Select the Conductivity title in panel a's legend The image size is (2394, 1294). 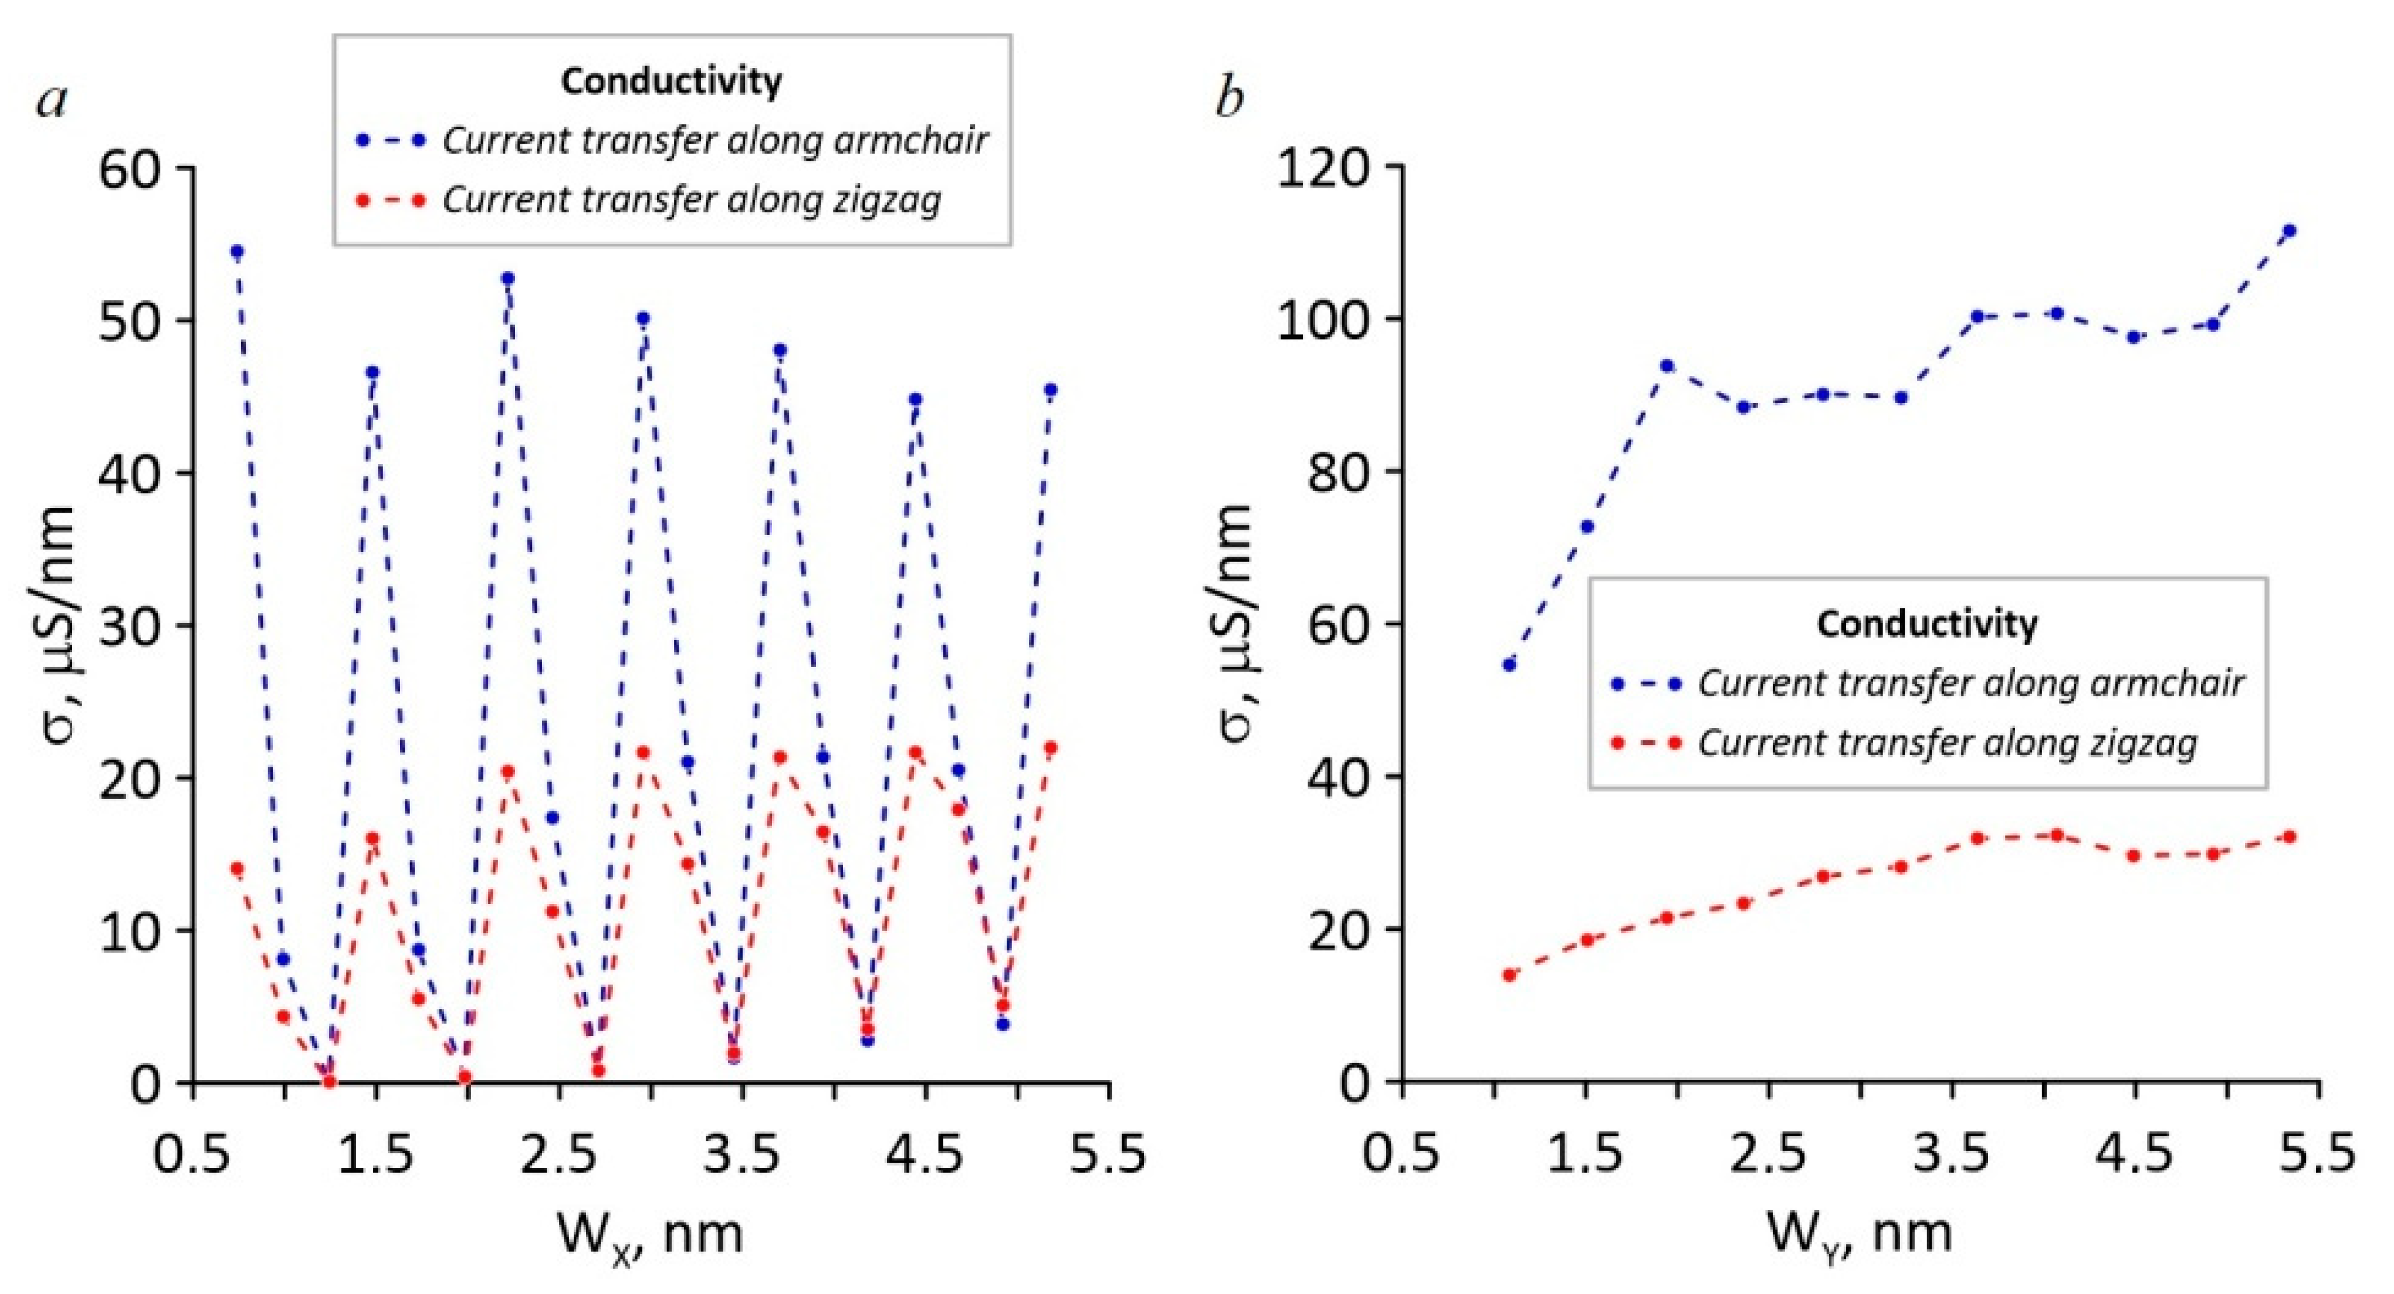click(671, 81)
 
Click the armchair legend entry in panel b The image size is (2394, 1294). click(1971, 683)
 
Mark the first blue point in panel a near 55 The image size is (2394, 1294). click(237, 252)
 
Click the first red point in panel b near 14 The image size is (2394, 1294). click(1509, 975)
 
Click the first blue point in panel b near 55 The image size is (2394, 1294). click(1509, 665)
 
